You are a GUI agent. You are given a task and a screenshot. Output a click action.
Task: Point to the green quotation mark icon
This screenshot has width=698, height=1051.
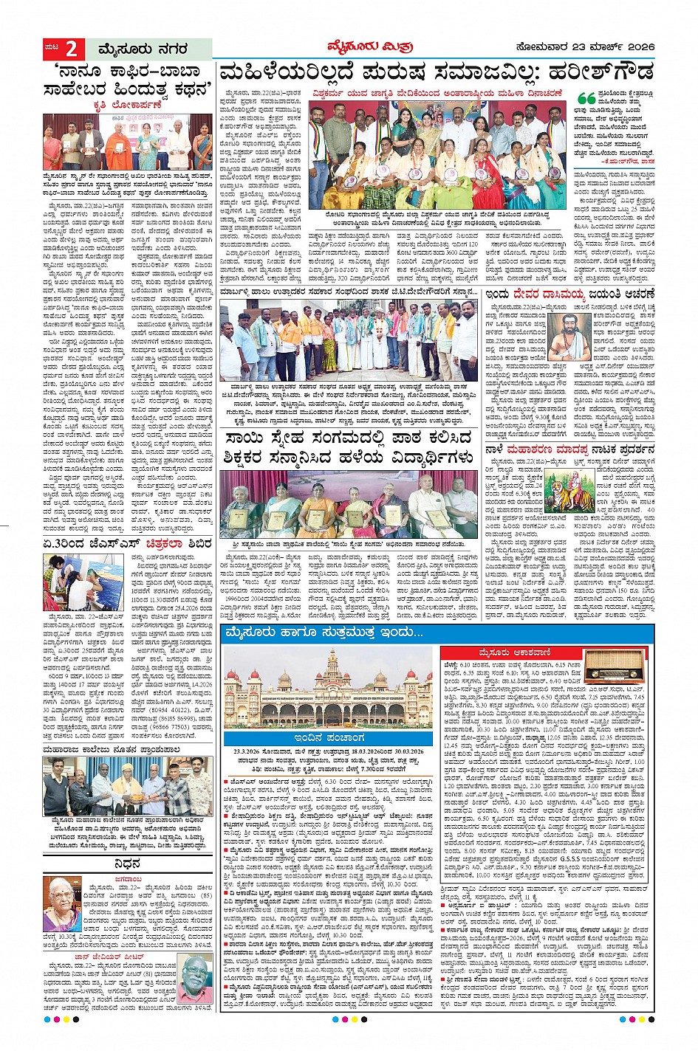pos(585,97)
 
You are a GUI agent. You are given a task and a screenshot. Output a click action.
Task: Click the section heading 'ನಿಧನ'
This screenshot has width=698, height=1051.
pos(128,864)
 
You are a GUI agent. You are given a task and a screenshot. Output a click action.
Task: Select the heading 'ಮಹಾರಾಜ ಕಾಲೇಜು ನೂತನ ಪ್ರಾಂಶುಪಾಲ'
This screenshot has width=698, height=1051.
pos(112,749)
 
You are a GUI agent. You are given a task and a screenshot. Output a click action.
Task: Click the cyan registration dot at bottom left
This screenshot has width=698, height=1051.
pos(48,1019)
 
